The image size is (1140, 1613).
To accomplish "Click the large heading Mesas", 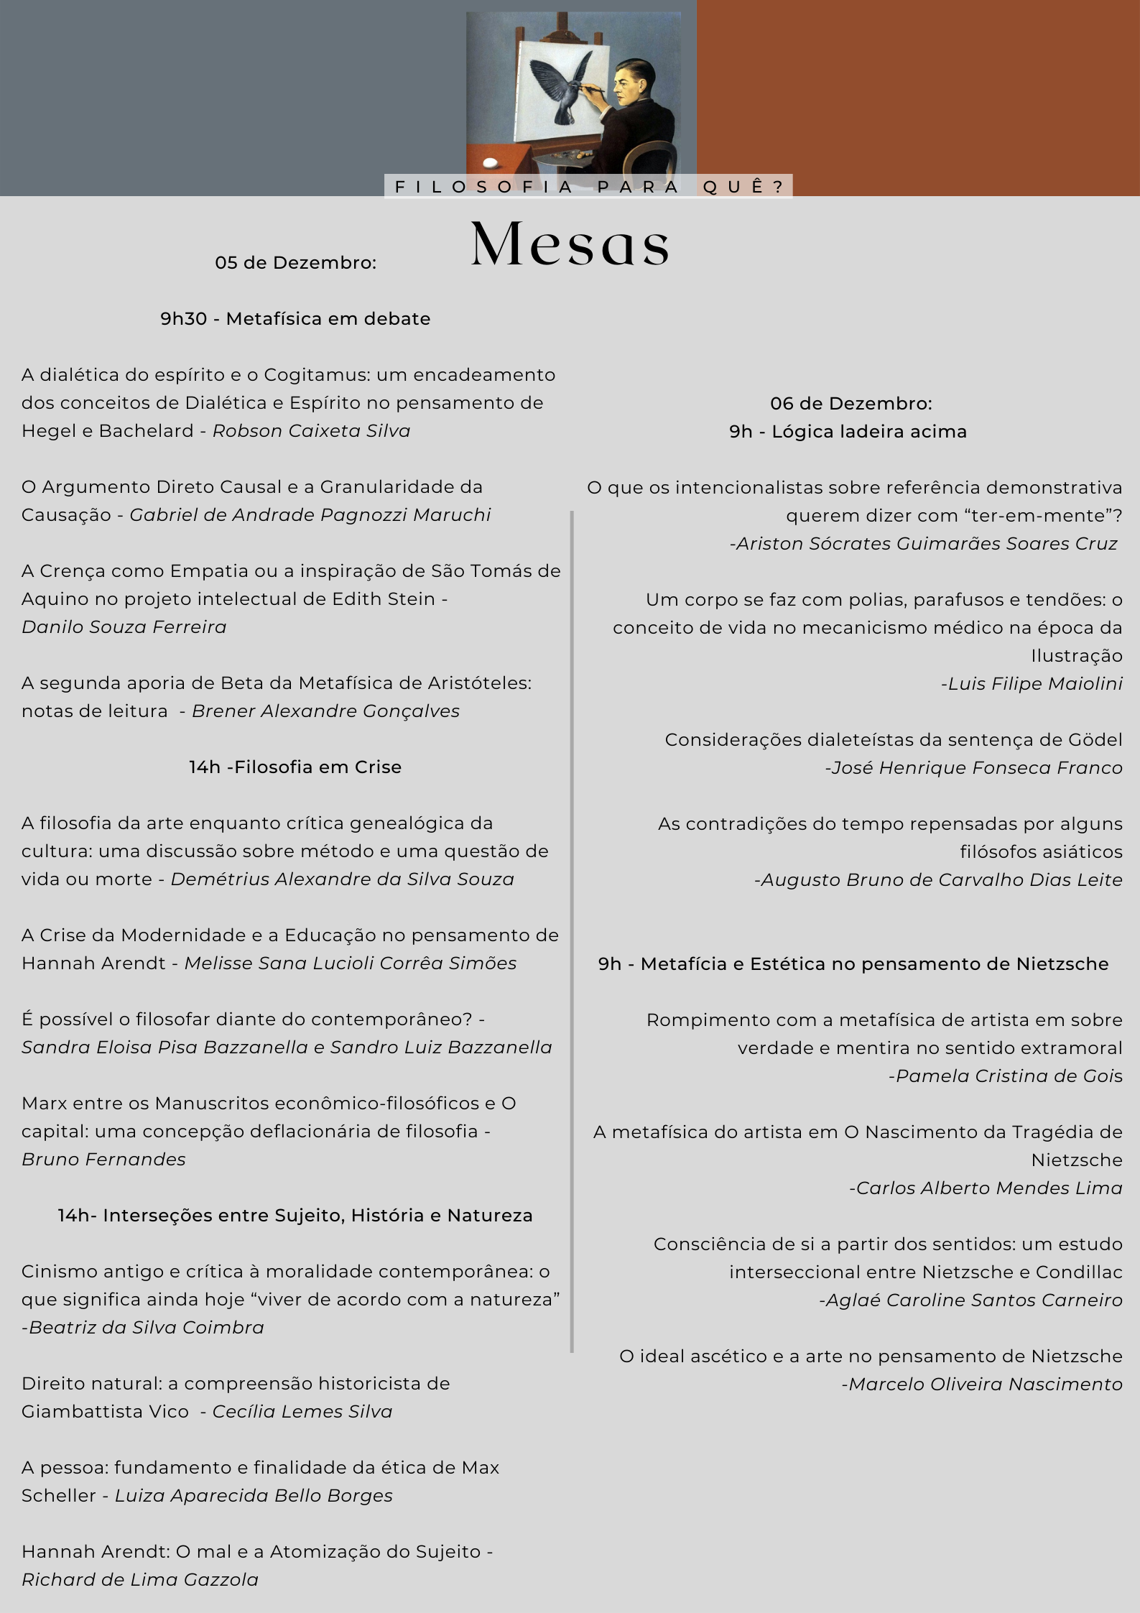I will (x=570, y=244).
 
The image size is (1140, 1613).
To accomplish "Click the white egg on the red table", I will (x=491, y=162).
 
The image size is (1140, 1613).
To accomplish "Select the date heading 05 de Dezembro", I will (x=295, y=263).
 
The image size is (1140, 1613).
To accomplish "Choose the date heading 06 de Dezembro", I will (x=851, y=404).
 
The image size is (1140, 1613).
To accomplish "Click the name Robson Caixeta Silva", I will (x=311, y=431).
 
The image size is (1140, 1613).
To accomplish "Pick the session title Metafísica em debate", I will (x=328, y=319).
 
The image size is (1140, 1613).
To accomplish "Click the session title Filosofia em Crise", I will (x=318, y=767).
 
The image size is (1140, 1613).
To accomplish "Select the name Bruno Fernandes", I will (x=103, y=1160).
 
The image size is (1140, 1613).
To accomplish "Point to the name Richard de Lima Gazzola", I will (x=140, y=1580).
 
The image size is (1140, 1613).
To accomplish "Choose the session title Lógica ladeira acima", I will (x=869, y=432).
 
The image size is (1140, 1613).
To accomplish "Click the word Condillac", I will (x=1079, y=1272).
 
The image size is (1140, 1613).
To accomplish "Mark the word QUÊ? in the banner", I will (x=743, y=187).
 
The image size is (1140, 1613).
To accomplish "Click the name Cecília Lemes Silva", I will (x=302, y=1412).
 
